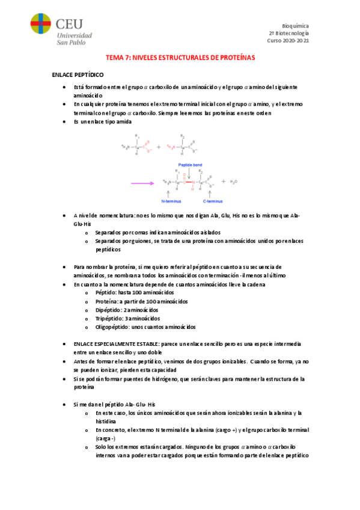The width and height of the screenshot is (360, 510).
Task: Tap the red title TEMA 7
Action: [180, 58]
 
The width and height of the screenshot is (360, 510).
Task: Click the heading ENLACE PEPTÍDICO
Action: [78, 75]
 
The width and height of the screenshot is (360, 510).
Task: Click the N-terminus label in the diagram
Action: [172, 201]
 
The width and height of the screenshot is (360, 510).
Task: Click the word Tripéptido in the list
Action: [109, 318]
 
